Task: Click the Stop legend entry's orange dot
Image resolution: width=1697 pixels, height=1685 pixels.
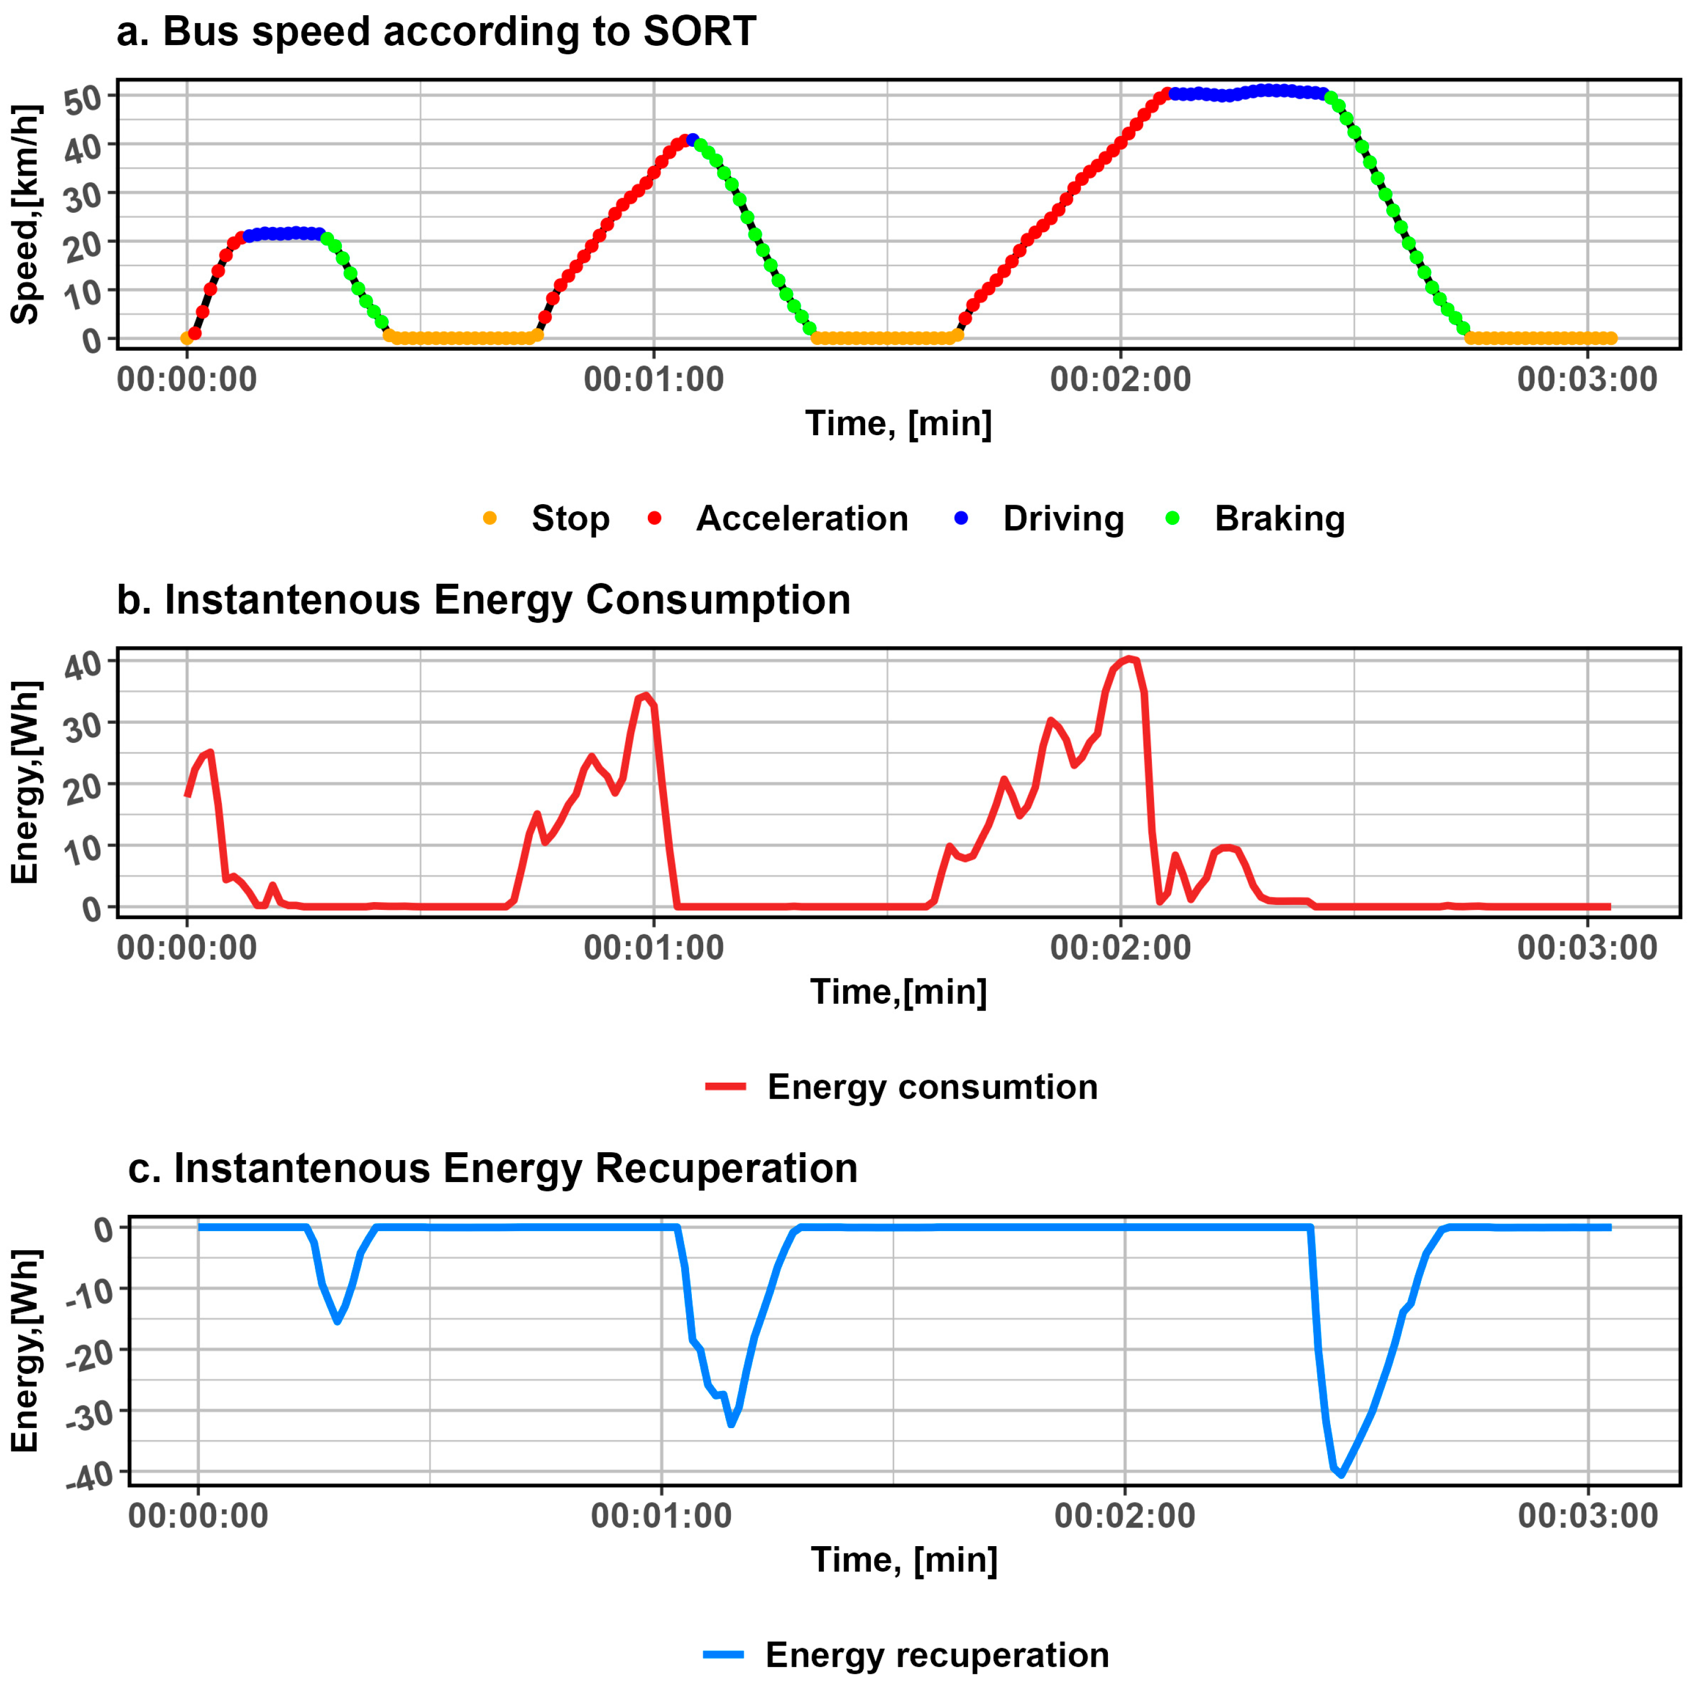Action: (x=490, y=518)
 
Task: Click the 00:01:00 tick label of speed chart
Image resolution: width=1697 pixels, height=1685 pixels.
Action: (x=654, y=379)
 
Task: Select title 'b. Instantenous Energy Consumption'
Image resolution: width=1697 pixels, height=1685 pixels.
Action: (x=483, y=600)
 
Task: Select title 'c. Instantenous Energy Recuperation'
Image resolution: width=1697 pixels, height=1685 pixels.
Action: (x=492, y=1168)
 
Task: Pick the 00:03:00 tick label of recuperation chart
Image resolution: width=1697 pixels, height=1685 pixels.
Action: (x=1587, y=1516)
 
